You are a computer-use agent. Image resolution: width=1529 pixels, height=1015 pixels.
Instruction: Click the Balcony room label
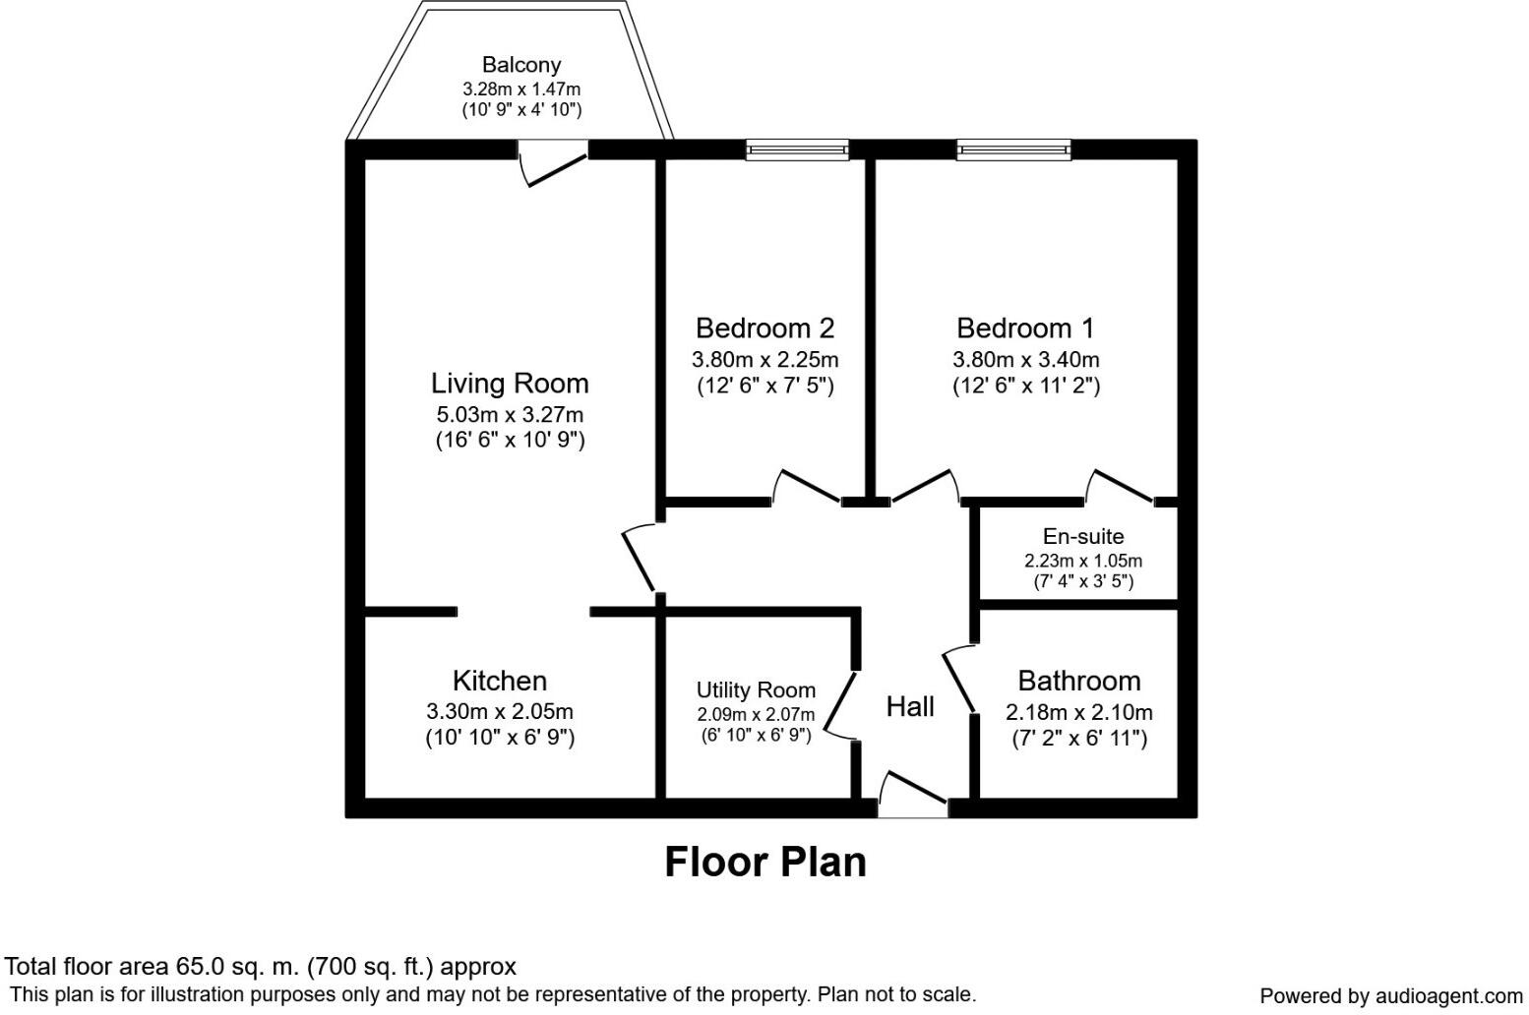pyautogui.click(x=520, y=65)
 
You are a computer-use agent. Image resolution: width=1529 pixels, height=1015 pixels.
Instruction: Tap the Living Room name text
pyautogui.click(x=510, y=383)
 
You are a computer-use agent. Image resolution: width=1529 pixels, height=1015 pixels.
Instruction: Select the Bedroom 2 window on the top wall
pyautogui.click(x=797, y=149)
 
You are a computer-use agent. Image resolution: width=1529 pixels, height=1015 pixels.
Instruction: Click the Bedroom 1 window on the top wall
pyautogui.click(x=1013, y=149)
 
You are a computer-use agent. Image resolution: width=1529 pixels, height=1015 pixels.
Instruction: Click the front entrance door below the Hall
pyautogui.click(x=913, y=795)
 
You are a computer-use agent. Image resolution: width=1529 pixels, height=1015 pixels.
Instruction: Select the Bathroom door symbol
pyautogui.click(x=959, y=679)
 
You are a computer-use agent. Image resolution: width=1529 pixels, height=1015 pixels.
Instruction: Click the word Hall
pyautogui.click(x=910, y=706)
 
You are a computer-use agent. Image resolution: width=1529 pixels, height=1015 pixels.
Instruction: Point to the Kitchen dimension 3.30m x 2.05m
pyautogui.click(x=500, y=711)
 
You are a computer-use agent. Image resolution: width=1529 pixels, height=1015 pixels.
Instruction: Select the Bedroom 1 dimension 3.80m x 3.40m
pyautogui.click(x=1025, y=359)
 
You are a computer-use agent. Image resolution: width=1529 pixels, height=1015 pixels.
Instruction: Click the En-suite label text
pyautogui.click(x=1082, y=536)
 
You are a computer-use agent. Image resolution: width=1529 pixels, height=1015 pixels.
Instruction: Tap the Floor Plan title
pyautogui.click(x=765, y=862)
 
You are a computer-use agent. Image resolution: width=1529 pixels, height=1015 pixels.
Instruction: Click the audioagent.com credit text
pyautogui.click(x=1390, y=995)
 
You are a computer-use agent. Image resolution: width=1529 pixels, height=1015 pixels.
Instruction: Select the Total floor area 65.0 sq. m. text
pyautogui.click(x=261, y=966)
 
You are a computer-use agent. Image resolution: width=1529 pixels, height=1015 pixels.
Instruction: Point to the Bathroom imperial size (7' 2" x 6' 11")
pyautogui.click(x=1079, y=738)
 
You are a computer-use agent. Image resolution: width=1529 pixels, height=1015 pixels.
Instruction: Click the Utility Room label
pyautogui.click(x=756, y=689)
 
